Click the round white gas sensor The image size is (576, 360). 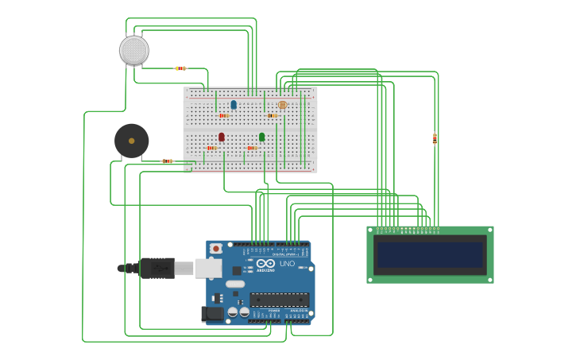(x=134, y=50)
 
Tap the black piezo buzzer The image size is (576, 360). (x=131, y=141)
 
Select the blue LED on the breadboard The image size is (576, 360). (x=234, y=105)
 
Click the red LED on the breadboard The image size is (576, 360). (x=222, y=137)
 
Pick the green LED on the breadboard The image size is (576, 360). (x=262, y=137)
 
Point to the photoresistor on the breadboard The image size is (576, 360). (x=282, y=105)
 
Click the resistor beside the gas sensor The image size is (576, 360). (x=180, y=68)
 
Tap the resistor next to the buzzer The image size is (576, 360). (x=168, y=161)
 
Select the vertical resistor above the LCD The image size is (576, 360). (x=435, y=138)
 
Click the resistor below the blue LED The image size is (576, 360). (x=224, y=116)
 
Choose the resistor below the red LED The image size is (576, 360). (x=211, y=148)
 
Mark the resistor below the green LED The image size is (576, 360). (x=252, y=148)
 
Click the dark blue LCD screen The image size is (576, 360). (x=430, y=255)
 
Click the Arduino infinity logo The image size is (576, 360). (x=266, y=264)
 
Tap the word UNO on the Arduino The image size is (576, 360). (x=287, y=263)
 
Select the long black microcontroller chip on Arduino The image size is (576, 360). (x=279, y=300)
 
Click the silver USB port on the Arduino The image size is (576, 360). (x=208, y=268)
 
